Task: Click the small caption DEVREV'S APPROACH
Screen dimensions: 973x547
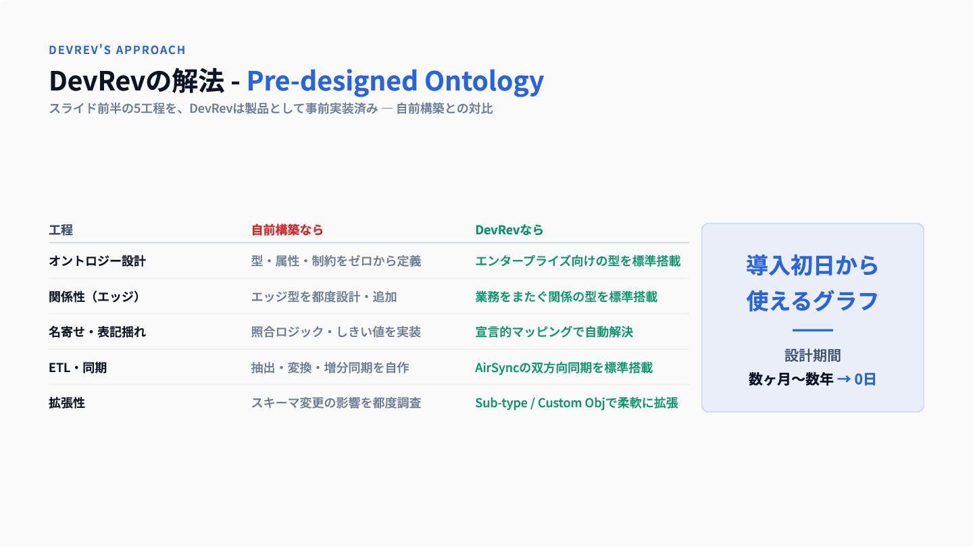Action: pos(118,50)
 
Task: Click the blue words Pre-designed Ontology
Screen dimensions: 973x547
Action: pos(395,81)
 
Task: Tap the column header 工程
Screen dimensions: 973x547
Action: pos(61,230)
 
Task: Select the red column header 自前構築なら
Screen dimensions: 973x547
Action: pos(287,230)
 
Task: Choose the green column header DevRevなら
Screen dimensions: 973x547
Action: pos(509,230)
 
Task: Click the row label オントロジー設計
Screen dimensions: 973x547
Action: pos(97,261)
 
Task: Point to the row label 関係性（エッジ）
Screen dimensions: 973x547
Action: pos(95,296)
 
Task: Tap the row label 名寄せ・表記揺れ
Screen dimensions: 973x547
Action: pos(97,332)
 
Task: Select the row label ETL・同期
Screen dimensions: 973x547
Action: pos(78,367)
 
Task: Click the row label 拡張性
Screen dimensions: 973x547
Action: pos(67,403)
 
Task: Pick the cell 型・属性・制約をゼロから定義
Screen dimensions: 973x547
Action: pos(336,261)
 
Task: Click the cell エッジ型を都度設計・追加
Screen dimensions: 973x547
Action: pos(324,296)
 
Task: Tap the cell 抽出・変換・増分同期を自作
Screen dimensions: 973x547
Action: pos(330,367)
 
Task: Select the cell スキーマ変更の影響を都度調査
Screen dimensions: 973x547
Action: pos(336,403)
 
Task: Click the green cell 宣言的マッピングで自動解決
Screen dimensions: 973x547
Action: pos(554,332)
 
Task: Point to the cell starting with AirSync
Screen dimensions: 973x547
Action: pos(564,367)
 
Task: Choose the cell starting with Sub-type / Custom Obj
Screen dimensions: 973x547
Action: pos(576,403)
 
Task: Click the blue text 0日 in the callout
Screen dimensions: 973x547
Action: pos(865,379)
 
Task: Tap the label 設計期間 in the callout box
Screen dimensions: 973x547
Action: pos(813,355)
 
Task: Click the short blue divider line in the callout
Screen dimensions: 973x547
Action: pos(813,330)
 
